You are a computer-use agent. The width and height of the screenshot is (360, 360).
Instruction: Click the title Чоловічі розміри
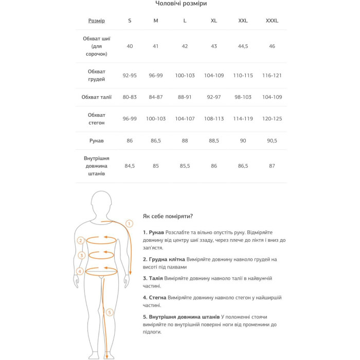point(181,4)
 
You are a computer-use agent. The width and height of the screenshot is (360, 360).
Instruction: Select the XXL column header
point(243,21)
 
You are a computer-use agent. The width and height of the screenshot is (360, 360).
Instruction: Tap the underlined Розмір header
point(96,21)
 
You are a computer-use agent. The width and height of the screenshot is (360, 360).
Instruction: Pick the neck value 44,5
point(243,46)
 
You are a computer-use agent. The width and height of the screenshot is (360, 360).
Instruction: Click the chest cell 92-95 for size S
point(130,76)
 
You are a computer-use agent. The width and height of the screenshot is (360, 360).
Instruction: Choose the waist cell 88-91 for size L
point(185,97)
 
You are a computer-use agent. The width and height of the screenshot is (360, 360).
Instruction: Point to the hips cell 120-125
point(272,119)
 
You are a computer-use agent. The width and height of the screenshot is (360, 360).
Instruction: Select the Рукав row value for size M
point(156,140)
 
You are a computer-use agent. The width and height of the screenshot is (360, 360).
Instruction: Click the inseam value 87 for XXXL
point(272,166)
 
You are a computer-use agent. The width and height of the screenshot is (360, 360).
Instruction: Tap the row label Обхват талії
point(96,97)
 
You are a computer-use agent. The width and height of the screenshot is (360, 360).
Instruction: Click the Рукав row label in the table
point(96,140)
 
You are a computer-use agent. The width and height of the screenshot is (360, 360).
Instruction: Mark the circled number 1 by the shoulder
point(129,224)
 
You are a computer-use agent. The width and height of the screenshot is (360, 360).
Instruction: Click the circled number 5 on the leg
point(109,312)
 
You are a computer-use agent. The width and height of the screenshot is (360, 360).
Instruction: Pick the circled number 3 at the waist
point(81,256)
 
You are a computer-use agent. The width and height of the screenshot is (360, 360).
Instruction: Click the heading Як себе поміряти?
point(168,217)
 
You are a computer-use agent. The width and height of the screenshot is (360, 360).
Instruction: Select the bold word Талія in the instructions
point(157,278)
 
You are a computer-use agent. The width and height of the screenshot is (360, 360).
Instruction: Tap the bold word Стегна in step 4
point(159,298)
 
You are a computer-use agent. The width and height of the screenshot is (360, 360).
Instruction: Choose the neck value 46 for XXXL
point(272,46)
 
